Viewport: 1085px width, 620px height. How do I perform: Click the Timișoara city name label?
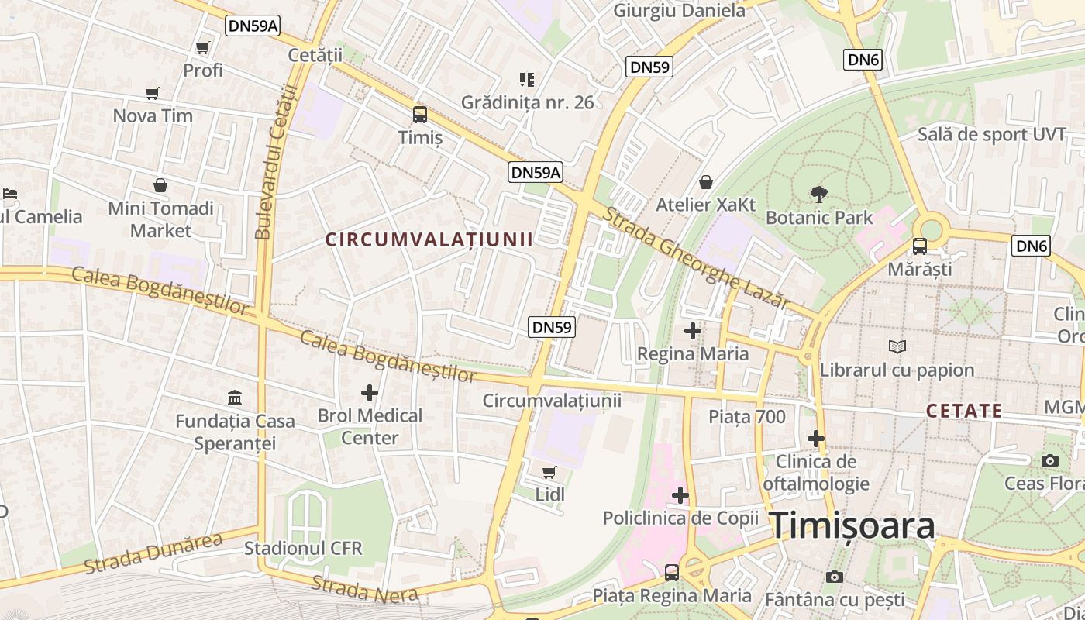pyautogui.click(x=852, y=526)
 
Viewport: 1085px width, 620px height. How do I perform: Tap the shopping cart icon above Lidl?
pyautogui.click(x=549, y=472)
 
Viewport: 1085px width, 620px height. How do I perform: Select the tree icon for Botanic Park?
pyautogui.click(x=818, y=195)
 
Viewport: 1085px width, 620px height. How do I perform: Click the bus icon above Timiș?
pyautogui.click(x=419, y=115)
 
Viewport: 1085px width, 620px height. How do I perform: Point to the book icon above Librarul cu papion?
pyautogui.click(x=897, y=346)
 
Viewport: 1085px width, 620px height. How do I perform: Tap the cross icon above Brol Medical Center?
pyautogui.click(x=370, y=392)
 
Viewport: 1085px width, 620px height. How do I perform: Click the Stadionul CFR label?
pyautogui.click(x=303, y=548)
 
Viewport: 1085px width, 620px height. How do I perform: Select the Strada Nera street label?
pyautogui.click(x=364, y=589)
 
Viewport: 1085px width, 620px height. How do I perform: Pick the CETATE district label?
pyautogui.click(x=964, y=411)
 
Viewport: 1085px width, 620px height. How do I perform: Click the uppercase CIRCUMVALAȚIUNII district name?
pyautogui.click(x=429, y=239)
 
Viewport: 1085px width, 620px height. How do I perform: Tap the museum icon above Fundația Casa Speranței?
pyautogui.click(x=234, y=398)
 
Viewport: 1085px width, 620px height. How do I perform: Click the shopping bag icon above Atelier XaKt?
pyautogui.click(x=705, y=182)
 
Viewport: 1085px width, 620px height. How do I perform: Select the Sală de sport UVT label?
pyautogui.click(x=992, y=134)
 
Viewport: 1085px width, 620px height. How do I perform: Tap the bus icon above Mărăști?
pyautogui.click(x=919, y=246)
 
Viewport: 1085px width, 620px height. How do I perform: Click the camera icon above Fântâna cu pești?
pyautogui.click(x=834, y=577)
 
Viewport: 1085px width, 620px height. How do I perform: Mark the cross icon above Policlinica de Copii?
pyautogui.click(x=680, y=494)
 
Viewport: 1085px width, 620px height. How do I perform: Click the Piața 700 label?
pyautogui.click(x=747, y=417)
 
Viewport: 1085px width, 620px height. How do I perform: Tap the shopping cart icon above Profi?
pyautogui.click(x=203, y=48)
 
